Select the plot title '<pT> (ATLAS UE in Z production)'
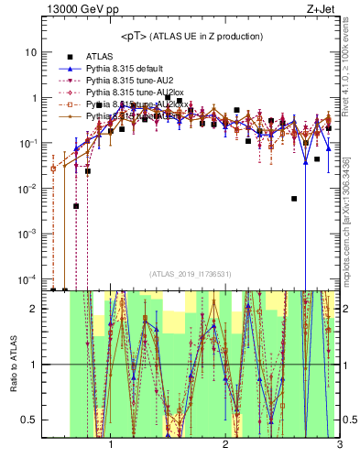coord(191,36)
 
